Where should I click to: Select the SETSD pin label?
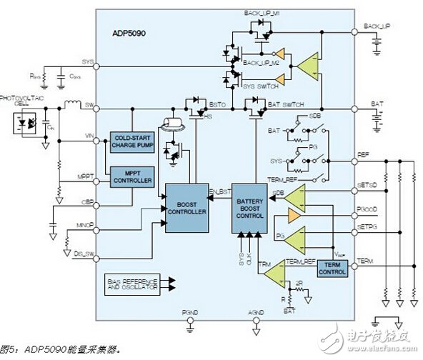(367, 185)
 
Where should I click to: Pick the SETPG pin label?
(367, 228)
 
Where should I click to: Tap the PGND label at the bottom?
(189, 311)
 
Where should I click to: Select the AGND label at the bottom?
(255, 311)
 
